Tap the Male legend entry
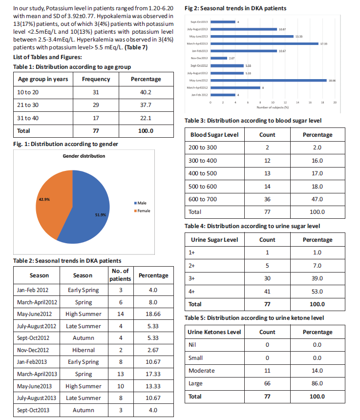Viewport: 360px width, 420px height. click(x=140, y=203)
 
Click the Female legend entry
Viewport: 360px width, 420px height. click(x=142, y=211)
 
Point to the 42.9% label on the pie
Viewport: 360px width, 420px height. click(x=44, y=199)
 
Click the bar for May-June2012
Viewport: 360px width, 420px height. click(x=269, y=81)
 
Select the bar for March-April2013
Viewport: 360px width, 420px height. click(x=264, y=43)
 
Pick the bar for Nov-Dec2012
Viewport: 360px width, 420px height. click(x=219, y=58)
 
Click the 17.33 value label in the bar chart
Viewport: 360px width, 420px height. click(x=324, y=44)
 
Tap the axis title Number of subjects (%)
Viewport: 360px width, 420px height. click(x=273, y=107)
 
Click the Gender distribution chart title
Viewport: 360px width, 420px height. click(x=84, y=156)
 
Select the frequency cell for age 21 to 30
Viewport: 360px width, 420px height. click(x=96, y=105)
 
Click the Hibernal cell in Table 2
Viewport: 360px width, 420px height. click(x=84, y=350)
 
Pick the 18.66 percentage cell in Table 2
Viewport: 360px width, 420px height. click(x=153, y=314)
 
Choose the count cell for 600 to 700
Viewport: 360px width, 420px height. click(x=267, y=199)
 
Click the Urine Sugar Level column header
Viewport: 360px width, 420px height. click(x=214, y=240)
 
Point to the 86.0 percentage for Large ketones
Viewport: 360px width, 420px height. click(x=317, y=383)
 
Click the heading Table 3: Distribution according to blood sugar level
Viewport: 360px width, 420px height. click(x=253, y=121)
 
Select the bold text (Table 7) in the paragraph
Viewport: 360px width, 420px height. click(x=136, y=47)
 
